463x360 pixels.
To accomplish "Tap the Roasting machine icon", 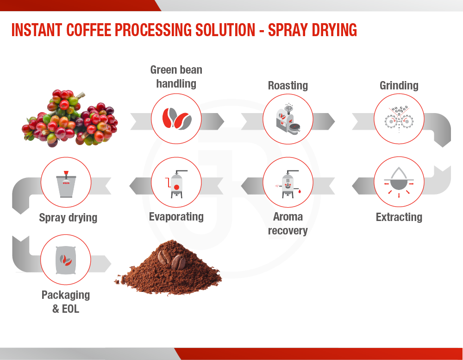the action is (288, 119).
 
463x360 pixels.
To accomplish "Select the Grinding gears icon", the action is (399, 119).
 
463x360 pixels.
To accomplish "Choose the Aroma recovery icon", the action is (288, 184).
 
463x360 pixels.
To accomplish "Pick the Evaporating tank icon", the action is (176, 184).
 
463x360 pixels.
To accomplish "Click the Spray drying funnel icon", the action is (66, 184).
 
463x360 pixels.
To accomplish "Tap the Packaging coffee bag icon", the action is (66, 260).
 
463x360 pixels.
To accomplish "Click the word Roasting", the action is (288, 85).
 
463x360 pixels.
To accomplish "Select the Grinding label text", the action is (399, 85).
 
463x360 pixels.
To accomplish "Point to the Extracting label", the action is (399, 217).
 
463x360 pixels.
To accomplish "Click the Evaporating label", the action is (176, 217).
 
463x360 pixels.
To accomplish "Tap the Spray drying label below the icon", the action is (68, 218).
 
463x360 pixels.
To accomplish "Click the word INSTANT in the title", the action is (37, 30).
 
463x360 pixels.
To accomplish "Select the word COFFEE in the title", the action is (88, 30).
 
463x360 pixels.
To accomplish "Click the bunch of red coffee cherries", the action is (70, 118).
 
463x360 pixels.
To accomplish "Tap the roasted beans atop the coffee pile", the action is (172, 259).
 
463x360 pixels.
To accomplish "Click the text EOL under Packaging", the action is (70, 309).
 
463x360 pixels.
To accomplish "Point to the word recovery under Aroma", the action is (288, 231).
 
